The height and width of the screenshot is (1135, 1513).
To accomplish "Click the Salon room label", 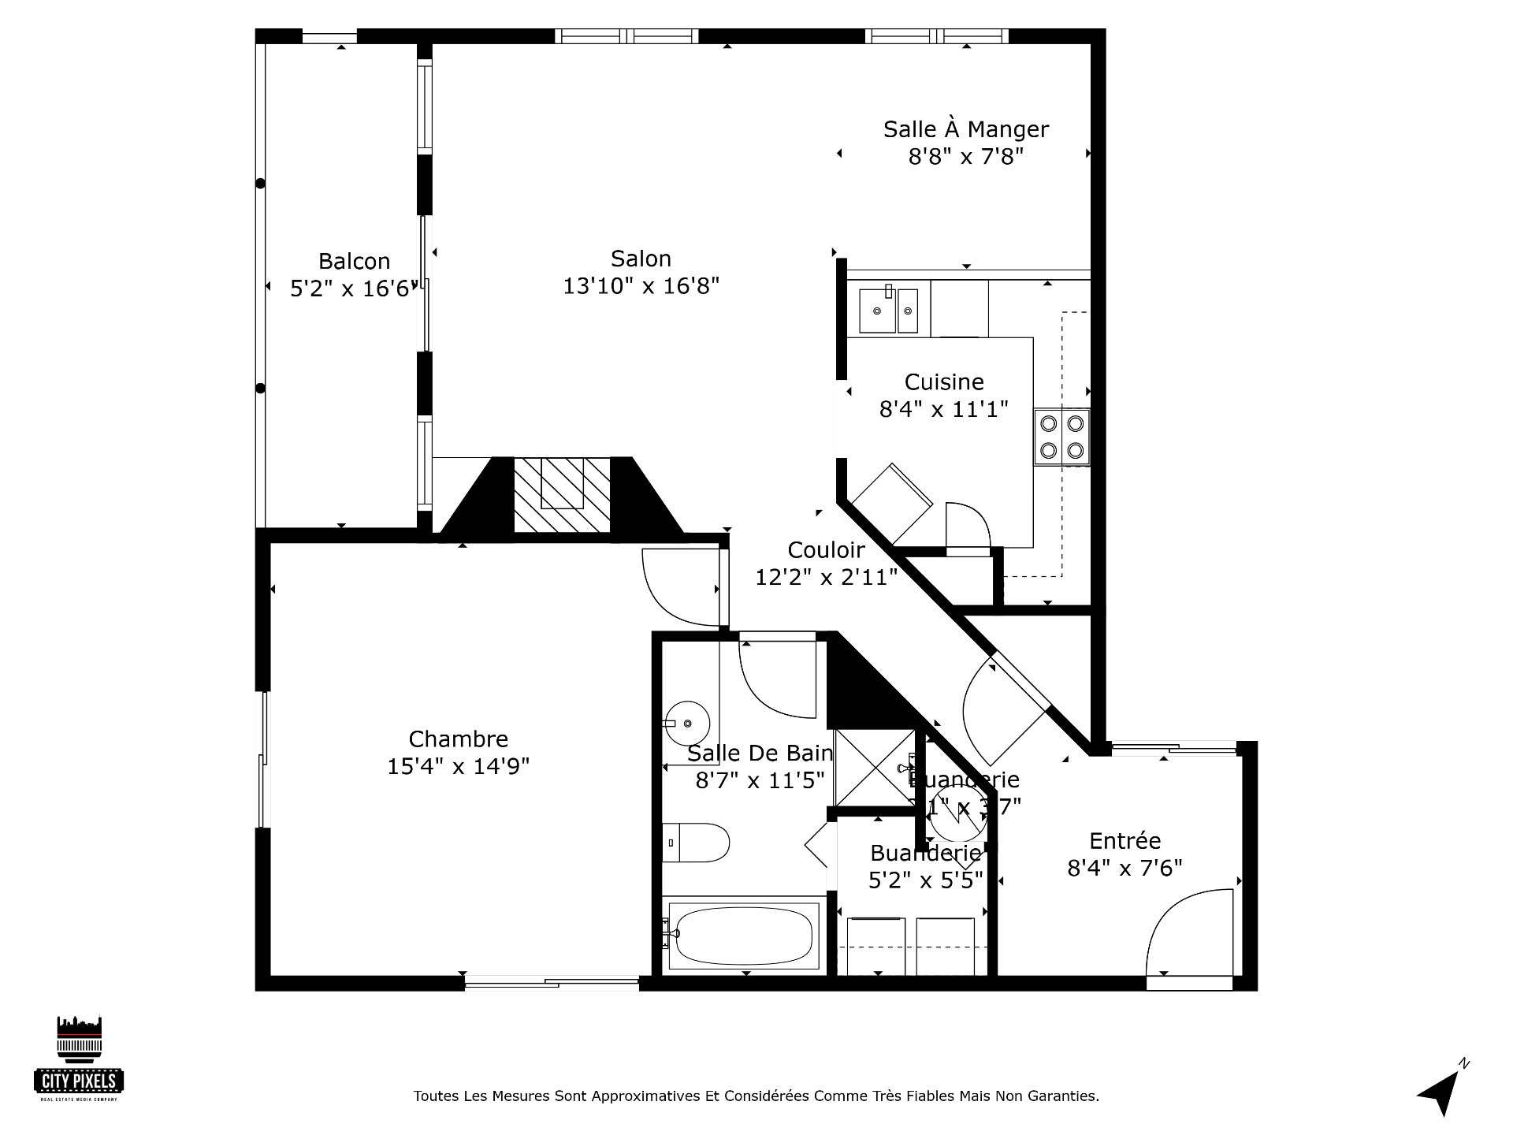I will (x=641, y=259).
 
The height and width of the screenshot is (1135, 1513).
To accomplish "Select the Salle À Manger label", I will (x=965, y=129).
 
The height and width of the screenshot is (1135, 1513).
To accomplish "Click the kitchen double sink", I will (x=888, y=309).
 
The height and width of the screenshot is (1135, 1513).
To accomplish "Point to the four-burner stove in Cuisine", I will (x=1061, y=437).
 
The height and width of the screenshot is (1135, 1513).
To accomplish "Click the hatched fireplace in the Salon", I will (x=562, y=494).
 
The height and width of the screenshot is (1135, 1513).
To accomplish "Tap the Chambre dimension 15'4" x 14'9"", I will (x=458, y=766).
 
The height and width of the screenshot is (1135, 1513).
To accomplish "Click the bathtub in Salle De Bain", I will (x=744, y=936).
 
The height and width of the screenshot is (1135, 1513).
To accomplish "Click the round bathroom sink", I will (x=687, y=723).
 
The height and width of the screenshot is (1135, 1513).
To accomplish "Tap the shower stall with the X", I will (x=874, y=768).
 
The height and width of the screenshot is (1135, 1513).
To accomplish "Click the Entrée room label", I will (x=1125, y=840).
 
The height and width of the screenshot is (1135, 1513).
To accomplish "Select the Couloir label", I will (x=826, y=549).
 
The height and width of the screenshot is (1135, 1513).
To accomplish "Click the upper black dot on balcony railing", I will (x=260, y=184).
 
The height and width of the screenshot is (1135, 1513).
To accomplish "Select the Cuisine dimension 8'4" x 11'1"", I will (x=943, y=409).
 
